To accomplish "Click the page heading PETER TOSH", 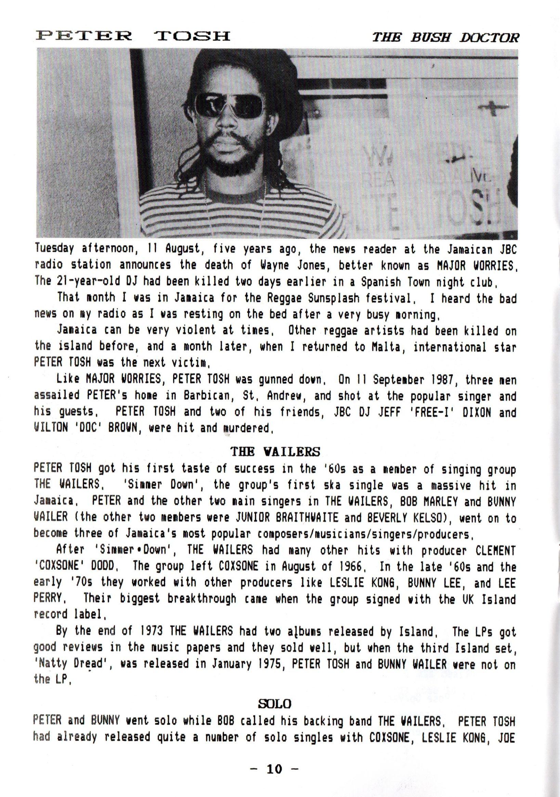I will pos(133,36).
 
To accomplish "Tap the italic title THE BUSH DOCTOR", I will pos(446,38).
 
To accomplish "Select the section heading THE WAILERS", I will pos(275,451).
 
